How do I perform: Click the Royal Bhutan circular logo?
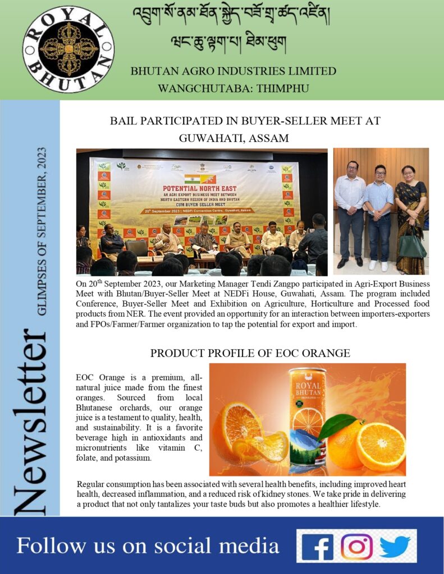pyautogui.click(x=68, y=49)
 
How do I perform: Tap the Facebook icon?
pyautogui.click(x=317, y=546)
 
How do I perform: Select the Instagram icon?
pyautogui.click(x=356, y=546)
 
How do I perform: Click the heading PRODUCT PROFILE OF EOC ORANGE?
pyautogui.click(x=250, y=353)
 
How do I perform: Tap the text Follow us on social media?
pyautogui.click(x=148, y=545)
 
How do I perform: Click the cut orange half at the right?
pyautogui.click(x=381, y=446)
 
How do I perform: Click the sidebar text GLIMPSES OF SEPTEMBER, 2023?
pyautogui.click(x=44, y=232)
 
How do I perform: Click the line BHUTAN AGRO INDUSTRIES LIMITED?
pyautogui.click(x=233, y=71)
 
